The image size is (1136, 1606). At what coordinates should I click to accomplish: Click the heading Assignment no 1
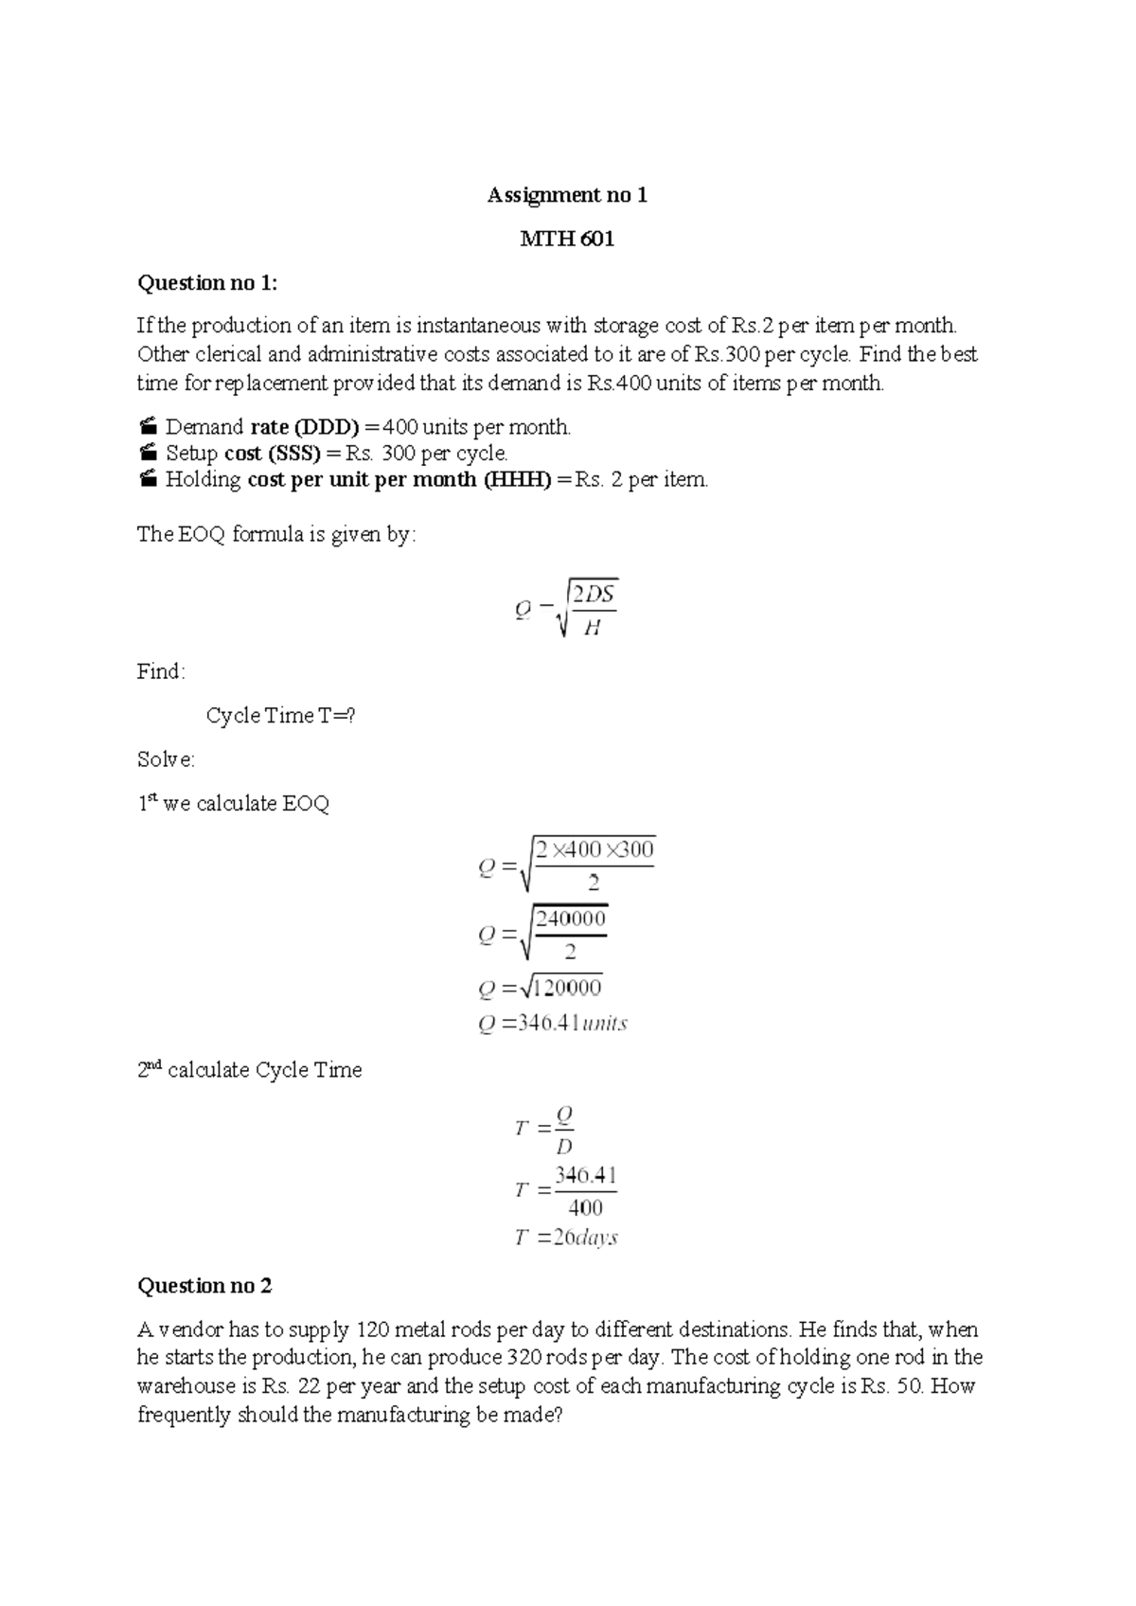567,195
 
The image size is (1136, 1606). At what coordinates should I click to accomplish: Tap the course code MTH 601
567,239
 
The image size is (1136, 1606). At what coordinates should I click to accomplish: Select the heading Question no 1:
208,282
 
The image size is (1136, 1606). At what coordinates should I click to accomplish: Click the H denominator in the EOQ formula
593,627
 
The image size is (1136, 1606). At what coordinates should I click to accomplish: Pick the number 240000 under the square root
571,918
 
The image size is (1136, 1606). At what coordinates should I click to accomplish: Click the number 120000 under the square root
566,988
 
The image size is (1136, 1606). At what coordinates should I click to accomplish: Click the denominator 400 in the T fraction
585,1207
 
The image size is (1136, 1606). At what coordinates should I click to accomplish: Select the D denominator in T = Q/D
564,1147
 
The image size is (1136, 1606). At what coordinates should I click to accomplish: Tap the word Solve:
166,759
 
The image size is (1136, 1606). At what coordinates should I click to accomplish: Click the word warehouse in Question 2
184,1386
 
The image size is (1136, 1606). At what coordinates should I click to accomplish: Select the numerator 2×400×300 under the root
595,849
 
